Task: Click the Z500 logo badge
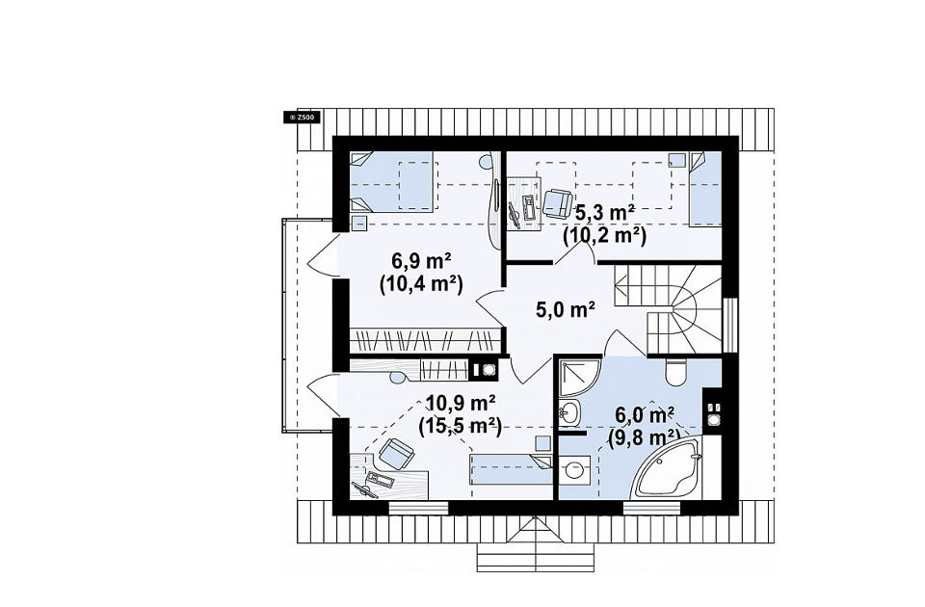point(302,118)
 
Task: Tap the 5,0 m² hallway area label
point(565,309)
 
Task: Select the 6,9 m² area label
point(421,260)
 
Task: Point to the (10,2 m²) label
point(605,235)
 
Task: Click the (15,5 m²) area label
point(460,426)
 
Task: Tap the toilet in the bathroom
point(674,369)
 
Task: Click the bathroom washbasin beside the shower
point(569,412)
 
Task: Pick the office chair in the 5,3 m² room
point(557,203)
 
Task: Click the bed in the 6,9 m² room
point(392,182)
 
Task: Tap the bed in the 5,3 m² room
point(705,188)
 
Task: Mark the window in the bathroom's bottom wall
point(651,508)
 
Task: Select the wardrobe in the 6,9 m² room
point(425,340)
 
